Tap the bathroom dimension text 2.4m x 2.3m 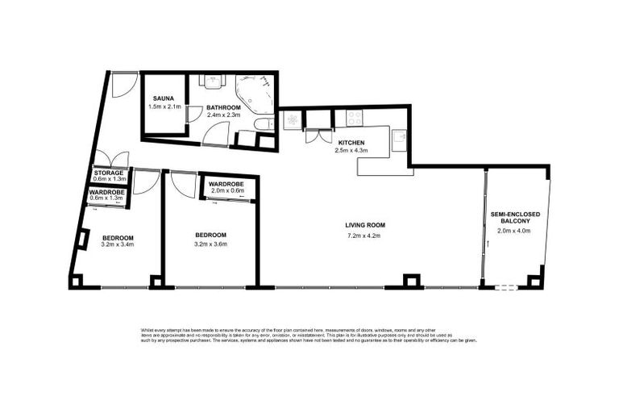(x=223, y=115)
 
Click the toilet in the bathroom (x=264, y=123)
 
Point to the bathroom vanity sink (x=213, y=81)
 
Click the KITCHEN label (x=351, y=142)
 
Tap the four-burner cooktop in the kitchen (x=354, y=118)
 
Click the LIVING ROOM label (x=363, y=226)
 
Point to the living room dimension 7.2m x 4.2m (x=363, y=236)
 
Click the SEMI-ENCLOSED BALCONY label (x=515, y=219)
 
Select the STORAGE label (x=108, y=173)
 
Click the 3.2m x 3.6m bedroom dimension (x=210, y=244)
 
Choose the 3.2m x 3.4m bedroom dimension (x=118, y=244)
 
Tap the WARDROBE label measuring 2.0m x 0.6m (x=226, y=185)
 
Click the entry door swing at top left (x=123, y=84)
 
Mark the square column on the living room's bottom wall (x=411, y=282)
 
